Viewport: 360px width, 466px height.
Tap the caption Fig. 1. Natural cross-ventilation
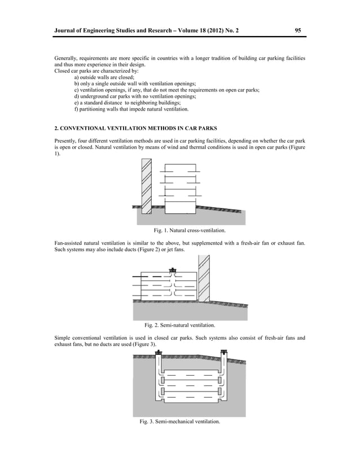189,230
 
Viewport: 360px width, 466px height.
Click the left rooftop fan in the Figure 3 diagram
159,354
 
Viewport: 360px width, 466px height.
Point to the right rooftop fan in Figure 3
224,354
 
